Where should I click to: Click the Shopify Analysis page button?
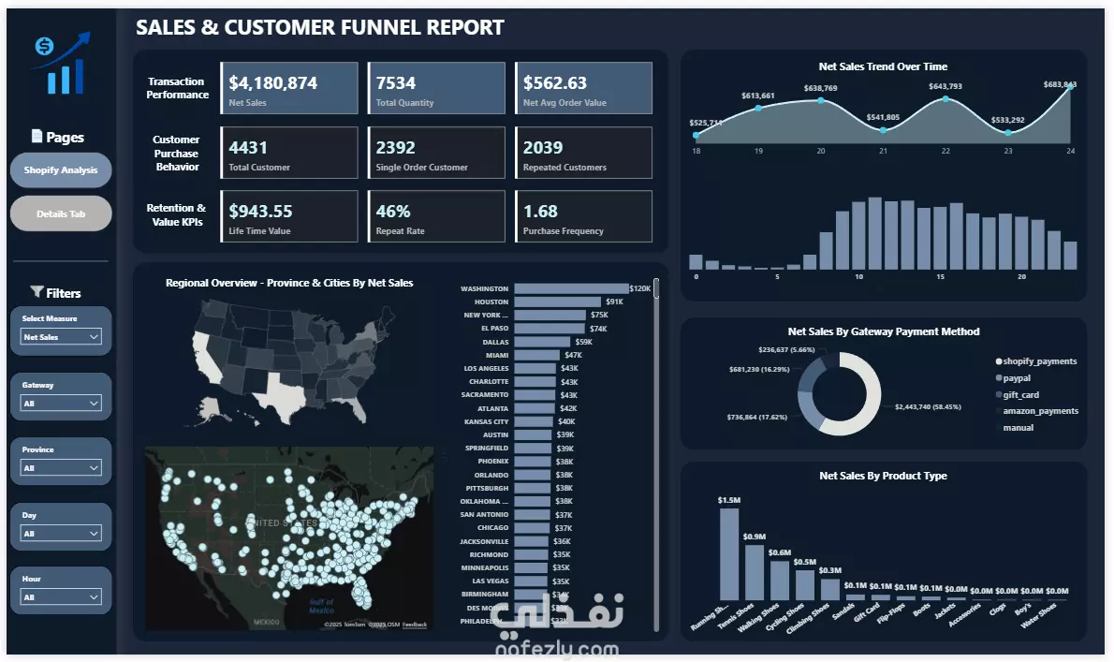tap(61, 170)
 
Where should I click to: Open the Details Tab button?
tap(61, 213)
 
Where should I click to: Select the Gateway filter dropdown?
tap(61, 404)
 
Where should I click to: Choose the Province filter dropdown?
tap(61, 468)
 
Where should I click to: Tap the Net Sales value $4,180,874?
tap(273, 83)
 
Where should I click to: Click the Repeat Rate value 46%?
tap(393, 212)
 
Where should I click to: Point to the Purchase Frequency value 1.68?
tap(541, 212)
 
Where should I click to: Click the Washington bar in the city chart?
tap(571, 289)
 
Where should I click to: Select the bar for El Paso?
tap(550, 329)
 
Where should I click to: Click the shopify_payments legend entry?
tap(1039, 361)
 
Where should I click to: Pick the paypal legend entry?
tap(1017, 378)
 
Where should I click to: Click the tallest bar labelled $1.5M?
tap(728, 552)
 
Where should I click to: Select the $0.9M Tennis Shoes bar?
tap(754, 571)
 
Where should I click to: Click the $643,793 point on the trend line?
tap(945, 98)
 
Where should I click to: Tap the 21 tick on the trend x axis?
tap(883, 151)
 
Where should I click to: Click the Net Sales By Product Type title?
tap(883, 476)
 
